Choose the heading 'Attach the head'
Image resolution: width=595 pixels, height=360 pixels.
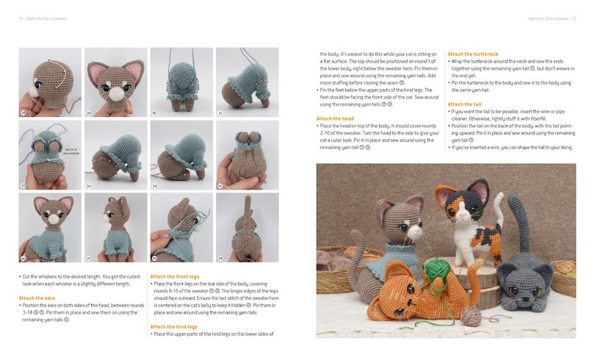click(x=335, y=118)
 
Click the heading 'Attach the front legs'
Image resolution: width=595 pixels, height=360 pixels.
click(x=176, y=276)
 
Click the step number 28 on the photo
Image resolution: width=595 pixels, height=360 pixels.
click(x=23, y=113)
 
